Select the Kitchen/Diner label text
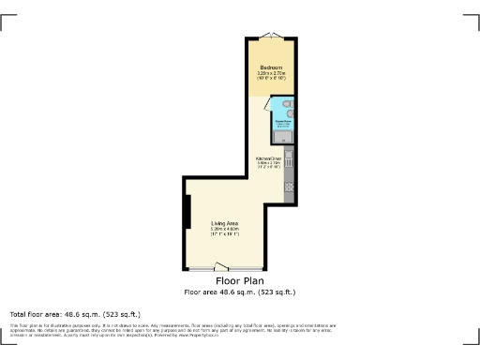271,157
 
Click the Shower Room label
282,120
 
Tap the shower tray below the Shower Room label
284,138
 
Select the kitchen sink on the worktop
290,160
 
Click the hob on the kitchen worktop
290,185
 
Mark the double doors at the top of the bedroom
271,36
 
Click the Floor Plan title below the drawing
239,280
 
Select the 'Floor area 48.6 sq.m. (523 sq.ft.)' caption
239,292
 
